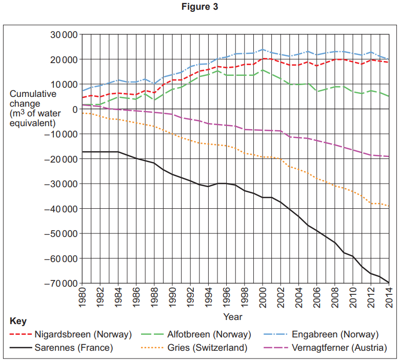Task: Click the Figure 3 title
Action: [x=199, y=7]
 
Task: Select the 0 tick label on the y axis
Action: [x=75, y=109]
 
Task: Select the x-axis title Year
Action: [x=233, y=317]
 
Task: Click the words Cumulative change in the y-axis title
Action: [x=33, y=99]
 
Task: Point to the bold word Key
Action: [x=18, y=321]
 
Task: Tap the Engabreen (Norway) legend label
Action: [x=335, y=334]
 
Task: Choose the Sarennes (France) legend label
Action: [x=73, y=348]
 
